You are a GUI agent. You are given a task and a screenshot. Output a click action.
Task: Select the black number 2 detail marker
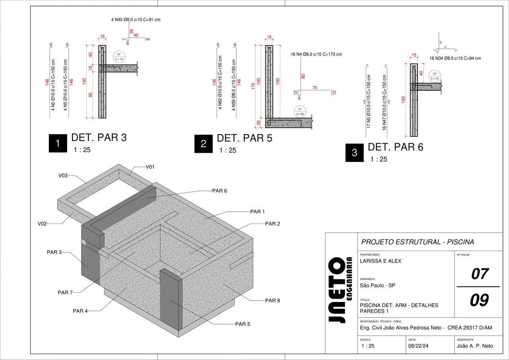[x=204, y=144]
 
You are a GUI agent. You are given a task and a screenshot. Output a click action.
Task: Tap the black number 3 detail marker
[x=355, y=153]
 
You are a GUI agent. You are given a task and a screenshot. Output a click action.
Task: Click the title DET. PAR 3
[x=99, y=138]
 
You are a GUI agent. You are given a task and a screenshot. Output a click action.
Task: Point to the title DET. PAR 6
[x=395, y=147]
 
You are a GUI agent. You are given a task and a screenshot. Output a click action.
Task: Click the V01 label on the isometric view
[x=150, y=167]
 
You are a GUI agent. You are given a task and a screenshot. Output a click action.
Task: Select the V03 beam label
[x=63, y=175]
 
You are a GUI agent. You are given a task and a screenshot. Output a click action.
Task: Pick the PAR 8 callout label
[x=272, y=300]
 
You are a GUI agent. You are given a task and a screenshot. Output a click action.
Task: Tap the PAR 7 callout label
[x=65, y=292]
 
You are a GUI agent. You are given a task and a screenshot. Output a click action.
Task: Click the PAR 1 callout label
[x=257, y=212]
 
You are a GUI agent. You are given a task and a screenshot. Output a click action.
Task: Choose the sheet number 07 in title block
[x=479, y=274]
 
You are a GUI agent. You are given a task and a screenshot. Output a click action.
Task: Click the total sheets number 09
[x=479, y=300]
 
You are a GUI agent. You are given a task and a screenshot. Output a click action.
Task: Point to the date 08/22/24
[x=419, y=346]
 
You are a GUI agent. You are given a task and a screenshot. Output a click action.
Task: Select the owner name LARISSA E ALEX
[x=380, y=261]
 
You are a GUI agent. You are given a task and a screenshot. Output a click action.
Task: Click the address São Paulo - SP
[x=377, y=285]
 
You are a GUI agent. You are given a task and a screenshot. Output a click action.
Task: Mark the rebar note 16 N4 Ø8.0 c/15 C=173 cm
[x=316, y=54]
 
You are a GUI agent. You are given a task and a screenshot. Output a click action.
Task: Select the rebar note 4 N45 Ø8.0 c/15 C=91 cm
[x=136, y=19]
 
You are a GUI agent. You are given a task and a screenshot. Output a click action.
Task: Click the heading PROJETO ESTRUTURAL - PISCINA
[x=417, y=242]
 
